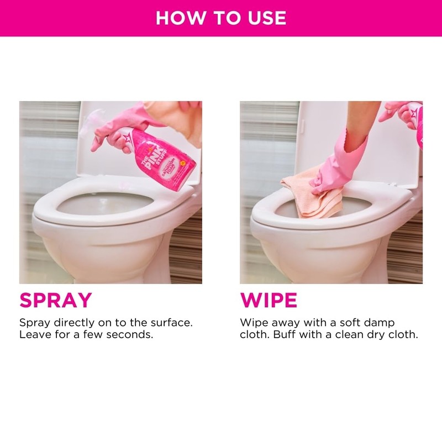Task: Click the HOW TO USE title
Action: (221, 18)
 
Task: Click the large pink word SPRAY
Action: (55, 300)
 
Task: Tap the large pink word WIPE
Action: (269, 300)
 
